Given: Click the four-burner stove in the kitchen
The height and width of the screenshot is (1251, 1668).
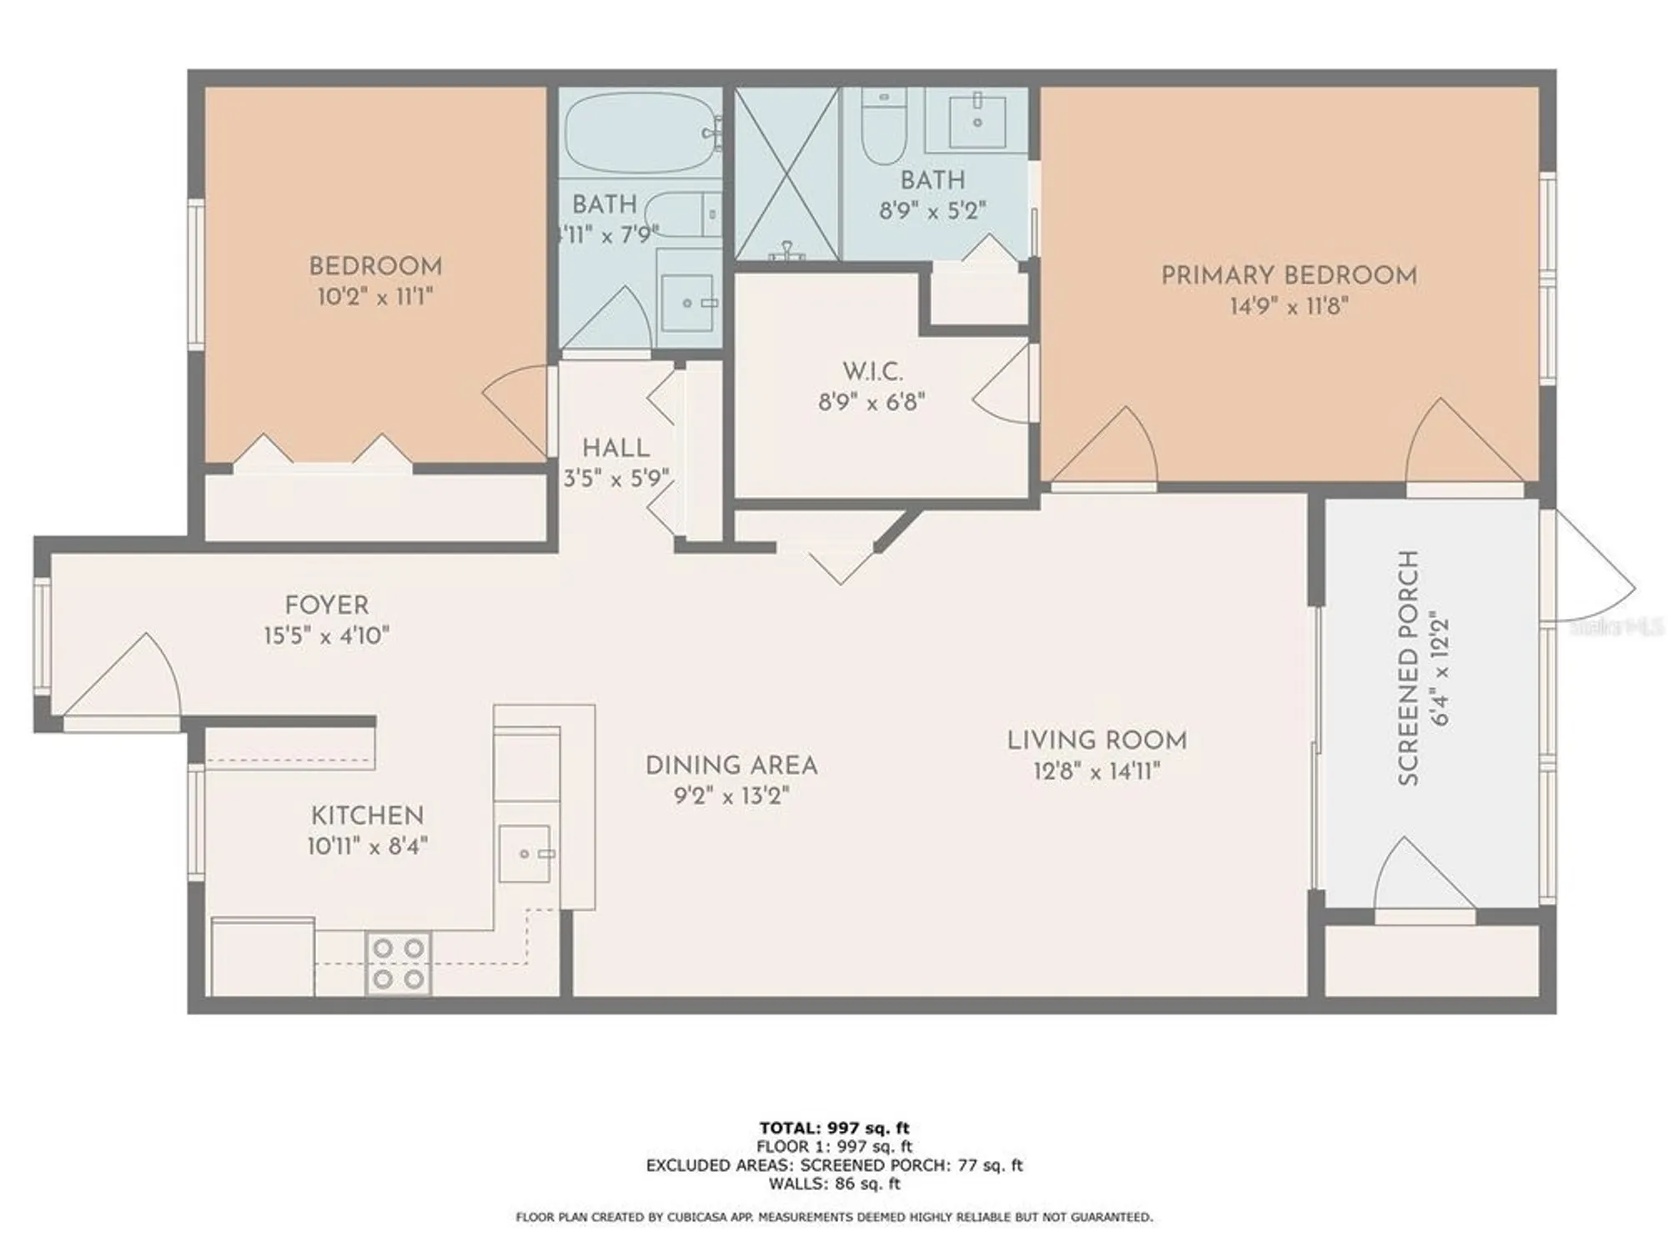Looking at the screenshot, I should click(x=399, y=963).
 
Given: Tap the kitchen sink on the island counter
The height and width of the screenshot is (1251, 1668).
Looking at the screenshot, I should click(x=525, y=853).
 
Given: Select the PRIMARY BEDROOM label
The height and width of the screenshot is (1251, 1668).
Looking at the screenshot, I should click(x=1289, y=275).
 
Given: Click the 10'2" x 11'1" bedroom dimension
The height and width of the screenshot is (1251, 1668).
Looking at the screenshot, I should click(x=375, y=297).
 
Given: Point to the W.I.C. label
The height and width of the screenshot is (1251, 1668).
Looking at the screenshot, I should click(x=872, y=371).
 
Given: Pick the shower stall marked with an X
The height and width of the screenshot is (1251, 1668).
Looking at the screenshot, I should click(x=786, y=173).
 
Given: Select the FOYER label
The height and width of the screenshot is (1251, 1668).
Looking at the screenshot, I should click(x=326, y=605).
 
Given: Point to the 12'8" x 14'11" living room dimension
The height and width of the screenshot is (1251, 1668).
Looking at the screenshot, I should click(x=1097, y=771).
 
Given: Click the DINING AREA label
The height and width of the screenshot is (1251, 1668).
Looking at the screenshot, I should click(x=731, y=765).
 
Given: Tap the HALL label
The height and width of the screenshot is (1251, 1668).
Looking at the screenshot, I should click(x=615, y=448).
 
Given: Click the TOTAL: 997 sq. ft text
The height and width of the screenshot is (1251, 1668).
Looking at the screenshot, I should click(x=834, y=1128).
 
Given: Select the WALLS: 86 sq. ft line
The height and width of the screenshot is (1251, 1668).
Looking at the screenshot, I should click(x=834, y=1183).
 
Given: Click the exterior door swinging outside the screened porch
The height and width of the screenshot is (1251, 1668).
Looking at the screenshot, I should click(x=1589, y=567).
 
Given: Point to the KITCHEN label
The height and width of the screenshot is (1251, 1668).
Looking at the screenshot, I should click(x=367, y=815).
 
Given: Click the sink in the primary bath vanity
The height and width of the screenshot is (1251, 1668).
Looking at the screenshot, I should click(x=977, y=121).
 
